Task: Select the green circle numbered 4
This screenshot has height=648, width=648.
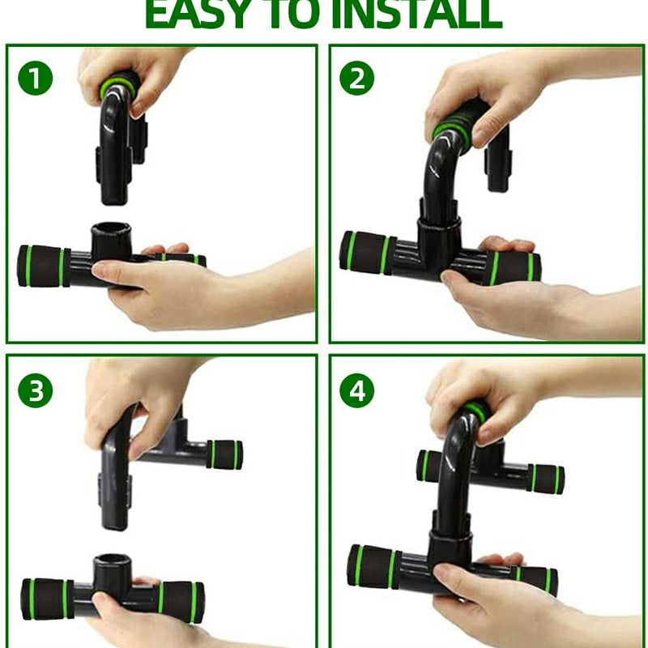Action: pos(356,392)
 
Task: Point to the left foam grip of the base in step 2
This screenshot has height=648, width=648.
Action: pos(367,252)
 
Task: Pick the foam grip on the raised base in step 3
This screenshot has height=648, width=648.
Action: pos(224,454)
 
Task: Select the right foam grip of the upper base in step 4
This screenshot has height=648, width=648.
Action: pos(548,479)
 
